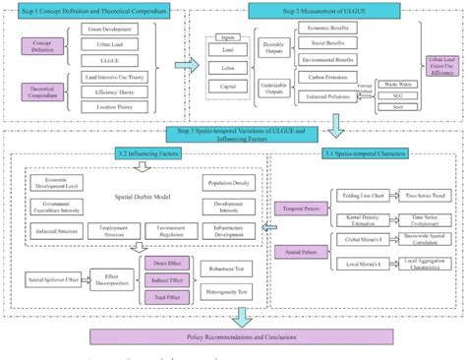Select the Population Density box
pos(231,183)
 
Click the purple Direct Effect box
pos(160,265)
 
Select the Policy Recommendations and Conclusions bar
pos(233,337)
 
